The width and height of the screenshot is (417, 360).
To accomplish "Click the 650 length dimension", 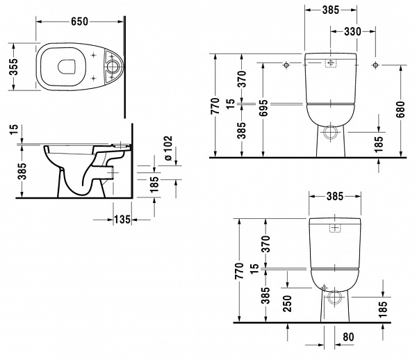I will pyautogui.click(x=79, y=22).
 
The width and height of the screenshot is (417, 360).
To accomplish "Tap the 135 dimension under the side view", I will pyautogui.click(x=122, y=220).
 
